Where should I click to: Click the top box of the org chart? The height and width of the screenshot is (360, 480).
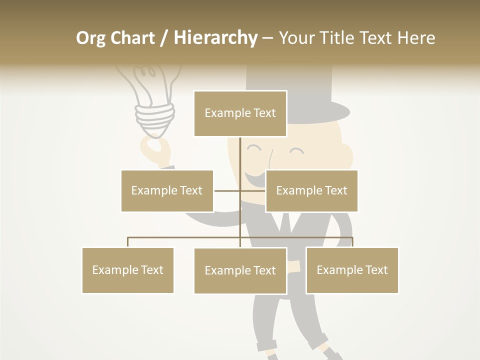click(x=240, y=113)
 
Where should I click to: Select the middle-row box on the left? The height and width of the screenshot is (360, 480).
click(x=167, y=190)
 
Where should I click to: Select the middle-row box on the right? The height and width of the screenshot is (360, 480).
click(x=311, y=190)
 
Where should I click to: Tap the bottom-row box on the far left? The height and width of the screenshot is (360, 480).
click(x=127, y=270)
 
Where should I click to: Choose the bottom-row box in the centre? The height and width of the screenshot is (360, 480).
click(x=240, y=270)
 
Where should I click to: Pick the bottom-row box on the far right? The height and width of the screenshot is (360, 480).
click(x=352, y=270)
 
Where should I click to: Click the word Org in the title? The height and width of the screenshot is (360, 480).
click(x=90, y=38)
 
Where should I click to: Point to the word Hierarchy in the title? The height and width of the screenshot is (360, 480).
click(x=215, y=38)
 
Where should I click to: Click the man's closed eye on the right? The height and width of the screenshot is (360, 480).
click(x=296, y=150)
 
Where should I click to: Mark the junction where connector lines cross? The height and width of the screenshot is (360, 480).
click(x=240, y=190)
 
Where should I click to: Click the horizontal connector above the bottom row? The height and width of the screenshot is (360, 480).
click(x=185, y=238)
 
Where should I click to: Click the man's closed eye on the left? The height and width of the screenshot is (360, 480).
click(x=254, y=148)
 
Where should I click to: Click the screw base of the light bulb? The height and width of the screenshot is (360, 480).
click(x=155, y=117)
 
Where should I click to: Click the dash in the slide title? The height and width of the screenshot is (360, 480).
click(x=267, y=38)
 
